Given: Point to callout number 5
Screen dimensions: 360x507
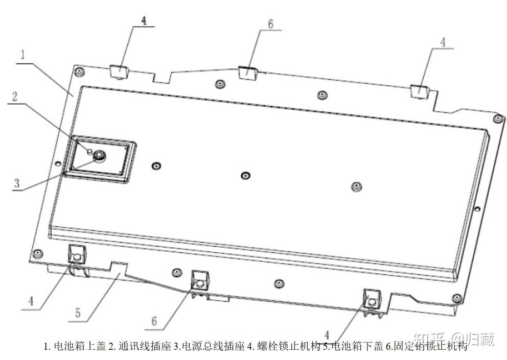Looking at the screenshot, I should (78, 312).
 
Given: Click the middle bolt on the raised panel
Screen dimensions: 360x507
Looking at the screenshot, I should (245, 176).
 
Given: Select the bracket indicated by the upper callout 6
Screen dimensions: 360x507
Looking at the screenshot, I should (247, 71).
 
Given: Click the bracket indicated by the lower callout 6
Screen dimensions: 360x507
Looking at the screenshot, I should (199, 281).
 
